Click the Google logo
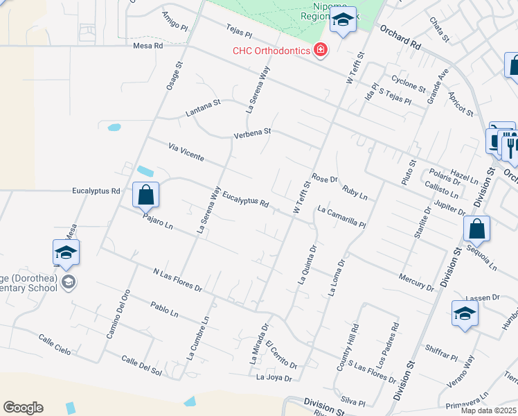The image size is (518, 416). [23, 408]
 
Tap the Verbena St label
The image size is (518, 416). [252, 132]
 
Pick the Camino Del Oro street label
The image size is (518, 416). [118, 313]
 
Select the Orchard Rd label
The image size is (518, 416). [400, 38]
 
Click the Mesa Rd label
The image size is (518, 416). [148, 46]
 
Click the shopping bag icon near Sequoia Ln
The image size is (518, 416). [477, 228]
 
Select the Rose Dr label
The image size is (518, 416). [324, 178]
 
